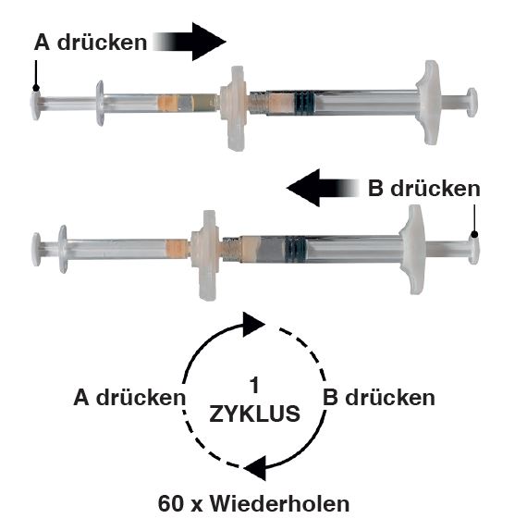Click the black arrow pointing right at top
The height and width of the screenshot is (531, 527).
(x=190, y=42)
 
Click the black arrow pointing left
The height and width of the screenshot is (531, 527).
(x=323, y=188)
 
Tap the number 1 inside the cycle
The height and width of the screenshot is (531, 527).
(x=254, y=385)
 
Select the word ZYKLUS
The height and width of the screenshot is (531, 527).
(x=254, y=414)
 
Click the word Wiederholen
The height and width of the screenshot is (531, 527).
(x=279, y=504)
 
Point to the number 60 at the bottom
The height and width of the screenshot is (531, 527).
(x=171, y=504)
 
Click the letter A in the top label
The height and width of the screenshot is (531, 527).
(x=42, y=43)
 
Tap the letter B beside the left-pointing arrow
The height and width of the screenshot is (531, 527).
(x=375, y=189)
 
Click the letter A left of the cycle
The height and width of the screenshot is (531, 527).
(x=81, y=397)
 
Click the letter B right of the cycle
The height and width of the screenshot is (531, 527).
(x=330, y=397)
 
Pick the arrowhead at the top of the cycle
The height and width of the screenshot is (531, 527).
(x=253, y=325)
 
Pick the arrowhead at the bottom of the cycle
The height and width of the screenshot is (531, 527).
(x=255, y=468)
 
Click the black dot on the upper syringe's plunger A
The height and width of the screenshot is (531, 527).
(x=36, y=89)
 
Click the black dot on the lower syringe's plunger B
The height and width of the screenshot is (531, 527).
(x=474, y=234)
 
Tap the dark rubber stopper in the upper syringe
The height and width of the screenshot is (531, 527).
(x=304, y=103)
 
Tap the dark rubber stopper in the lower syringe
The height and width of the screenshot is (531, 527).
(x=295, y=249)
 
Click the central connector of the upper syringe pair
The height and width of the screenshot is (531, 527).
(x=234, y=107)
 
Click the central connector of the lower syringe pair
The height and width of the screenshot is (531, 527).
(x=206, y=254)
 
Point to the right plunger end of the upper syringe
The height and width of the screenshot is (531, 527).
(x=472, y=103)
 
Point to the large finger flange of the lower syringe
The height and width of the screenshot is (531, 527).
(x=412, y=250)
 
